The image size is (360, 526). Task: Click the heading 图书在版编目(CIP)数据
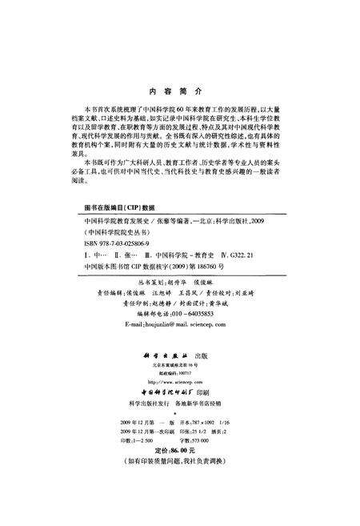point(117,228)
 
